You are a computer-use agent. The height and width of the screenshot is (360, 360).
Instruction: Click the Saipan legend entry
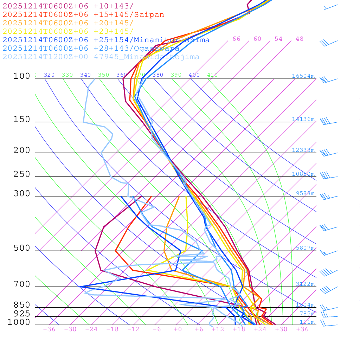tap(83, 15)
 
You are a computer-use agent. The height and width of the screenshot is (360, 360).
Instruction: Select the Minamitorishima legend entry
tap(106, 40)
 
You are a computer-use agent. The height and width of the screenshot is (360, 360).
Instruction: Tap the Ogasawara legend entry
tap(91, 49)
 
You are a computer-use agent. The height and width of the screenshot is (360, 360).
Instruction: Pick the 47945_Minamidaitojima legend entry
tap(101, 57)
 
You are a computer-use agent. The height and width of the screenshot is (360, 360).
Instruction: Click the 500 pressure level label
tap(22, 248)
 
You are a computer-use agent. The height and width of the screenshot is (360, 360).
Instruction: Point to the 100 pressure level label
tap(22, 76)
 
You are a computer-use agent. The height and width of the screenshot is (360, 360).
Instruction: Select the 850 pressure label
tap(22, 305)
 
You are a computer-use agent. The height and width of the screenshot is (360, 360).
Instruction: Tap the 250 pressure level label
tap(22, 174)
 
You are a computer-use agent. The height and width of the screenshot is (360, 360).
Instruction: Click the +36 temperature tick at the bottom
tap(302, 329)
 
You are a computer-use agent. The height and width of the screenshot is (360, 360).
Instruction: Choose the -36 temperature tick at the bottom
tap(49, 329)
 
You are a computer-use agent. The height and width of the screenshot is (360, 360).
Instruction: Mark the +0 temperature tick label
tap(178, 329)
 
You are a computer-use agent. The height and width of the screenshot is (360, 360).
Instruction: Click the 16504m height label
tap(303, 76)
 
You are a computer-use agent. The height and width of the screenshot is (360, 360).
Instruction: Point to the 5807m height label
tap(305, 248)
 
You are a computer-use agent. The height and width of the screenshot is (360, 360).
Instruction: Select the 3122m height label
tap(305, 284)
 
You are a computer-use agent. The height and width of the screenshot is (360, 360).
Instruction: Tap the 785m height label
tap(307, 314)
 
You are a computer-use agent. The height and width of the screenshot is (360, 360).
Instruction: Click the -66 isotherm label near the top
tap(234, 39)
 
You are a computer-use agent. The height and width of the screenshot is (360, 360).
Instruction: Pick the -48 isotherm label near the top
tap(297, 39)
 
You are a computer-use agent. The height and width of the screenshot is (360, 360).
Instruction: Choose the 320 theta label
tap(49, 75)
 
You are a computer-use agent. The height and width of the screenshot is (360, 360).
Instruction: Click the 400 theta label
tap(194, 75)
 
